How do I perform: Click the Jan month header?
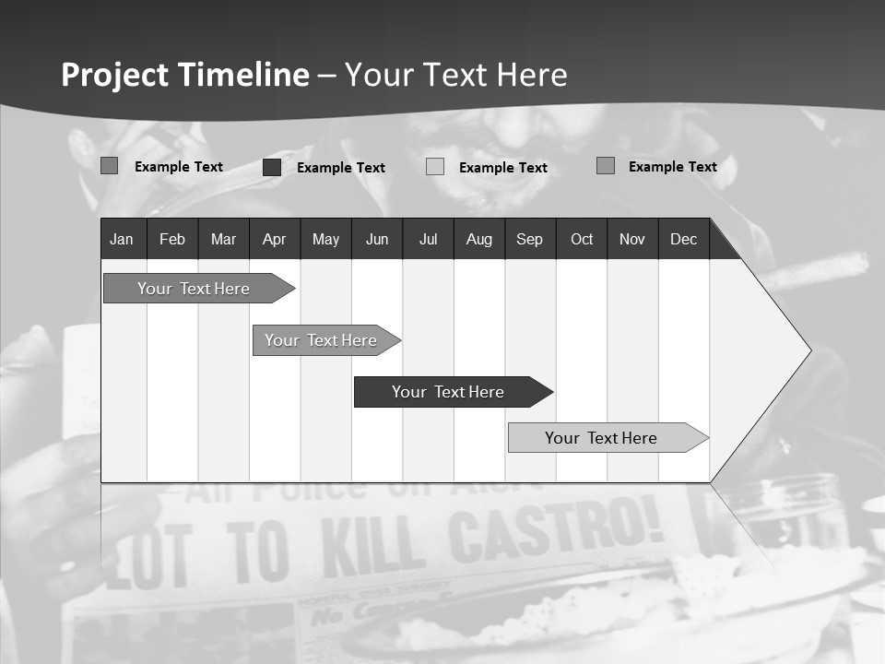pos(122,240)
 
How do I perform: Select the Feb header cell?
pos(172,240)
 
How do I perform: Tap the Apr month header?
pos(274,240)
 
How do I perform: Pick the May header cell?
pos(325,240)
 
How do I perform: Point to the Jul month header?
pos(428,240)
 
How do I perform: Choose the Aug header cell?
pos(478,240)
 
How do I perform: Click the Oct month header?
pos(582,240)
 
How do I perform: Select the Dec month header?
pos(683,240)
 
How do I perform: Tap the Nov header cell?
pos(632,240)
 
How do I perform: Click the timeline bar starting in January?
pos(194,289)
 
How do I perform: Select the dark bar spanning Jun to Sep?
pos(448,392)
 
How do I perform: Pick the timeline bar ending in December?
pos(601,438)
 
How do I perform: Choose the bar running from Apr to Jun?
pos(321,340)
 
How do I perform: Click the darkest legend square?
pos(272,167)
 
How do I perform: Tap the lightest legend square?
pos(435,167)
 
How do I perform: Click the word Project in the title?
pos(114,75)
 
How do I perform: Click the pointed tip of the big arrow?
pos(808,350)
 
